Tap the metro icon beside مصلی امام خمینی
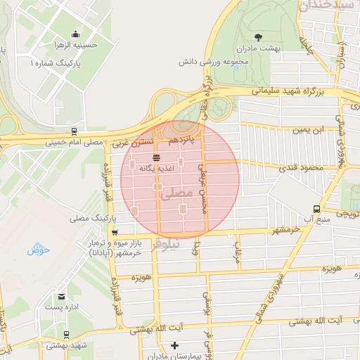74,131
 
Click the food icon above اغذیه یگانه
155,157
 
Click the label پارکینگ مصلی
89,219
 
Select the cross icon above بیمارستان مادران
175,345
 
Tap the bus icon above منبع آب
316,209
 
